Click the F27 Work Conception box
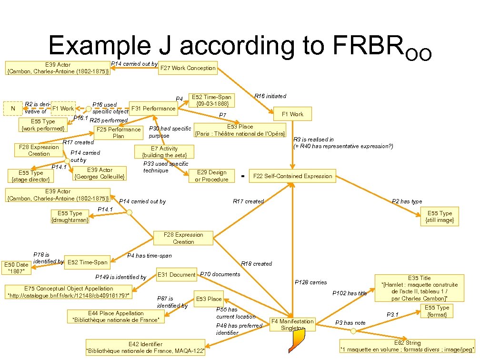coord(188,68)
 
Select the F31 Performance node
coord(153,109)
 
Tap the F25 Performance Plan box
coord(119,132)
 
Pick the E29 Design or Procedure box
coord(211,176)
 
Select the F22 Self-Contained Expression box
coord(293,176)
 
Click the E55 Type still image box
coord(440,217)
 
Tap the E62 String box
coord(407,346)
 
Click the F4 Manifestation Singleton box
coord(292,324)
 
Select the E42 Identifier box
coord(145,348)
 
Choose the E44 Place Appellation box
coord(116,317)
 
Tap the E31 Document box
coord(177,274)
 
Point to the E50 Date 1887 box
coord(16,268)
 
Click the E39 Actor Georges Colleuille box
coord(100,173)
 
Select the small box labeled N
coord(13,108)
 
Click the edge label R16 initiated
coord(270,96)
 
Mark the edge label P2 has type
coord(407,201)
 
